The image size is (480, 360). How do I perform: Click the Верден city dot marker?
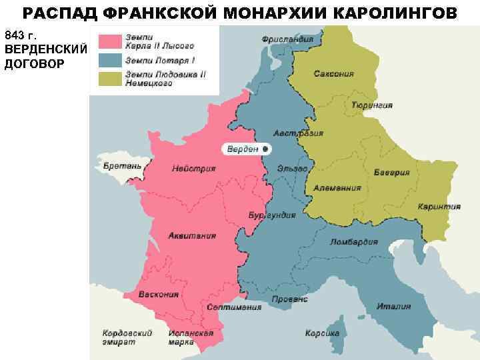265,149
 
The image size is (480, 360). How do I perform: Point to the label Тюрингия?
371,105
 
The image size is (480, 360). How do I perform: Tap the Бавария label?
391,173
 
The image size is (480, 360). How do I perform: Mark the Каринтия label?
439,207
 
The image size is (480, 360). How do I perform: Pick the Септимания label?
234,307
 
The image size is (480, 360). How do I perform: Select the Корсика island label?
322,333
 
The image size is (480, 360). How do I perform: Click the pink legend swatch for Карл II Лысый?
111,41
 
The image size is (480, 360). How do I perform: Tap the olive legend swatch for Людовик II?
111,78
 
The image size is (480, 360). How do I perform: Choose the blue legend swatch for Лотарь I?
111,60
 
